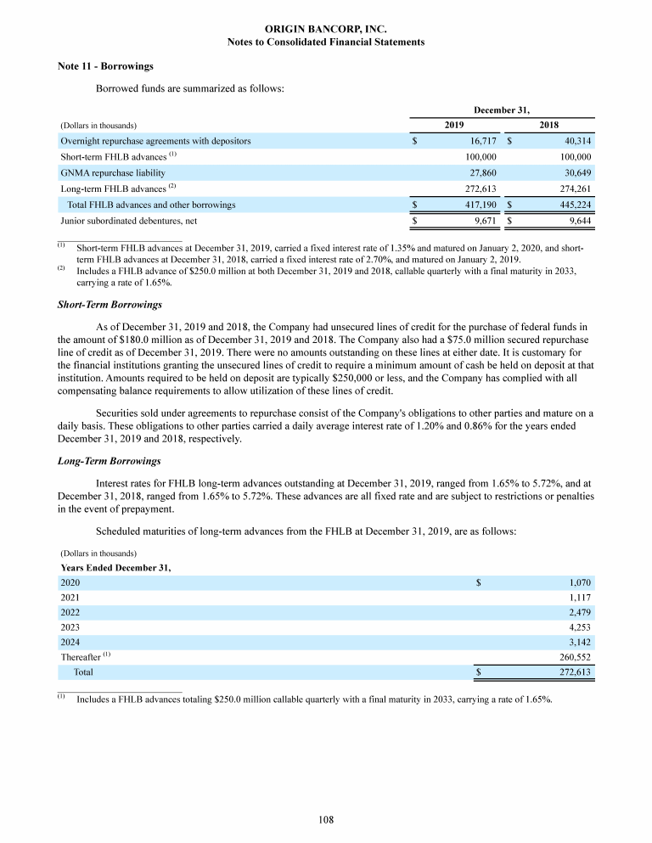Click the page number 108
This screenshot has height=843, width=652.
click(x=326, y=819)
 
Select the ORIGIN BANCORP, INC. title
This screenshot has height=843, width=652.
click(x=326, y=29)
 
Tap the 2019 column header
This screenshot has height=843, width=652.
click(x=454, y=125)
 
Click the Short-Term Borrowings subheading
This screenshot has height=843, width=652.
click(x=110, y=304)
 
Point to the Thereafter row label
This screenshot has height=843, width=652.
click(x=81, y=657)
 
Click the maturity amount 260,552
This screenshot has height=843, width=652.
click(x=573, y=657)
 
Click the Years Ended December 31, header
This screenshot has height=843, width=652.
click(x=115, y=567)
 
